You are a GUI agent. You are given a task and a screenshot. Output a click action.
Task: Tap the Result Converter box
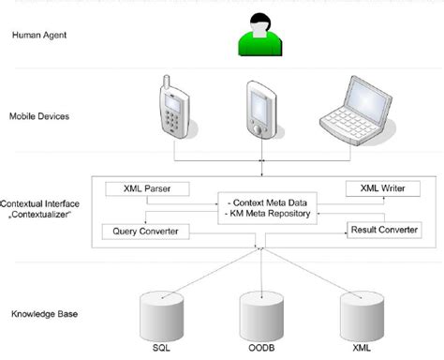tap(383, 230)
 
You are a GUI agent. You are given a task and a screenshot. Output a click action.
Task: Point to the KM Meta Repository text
tap(268, 215)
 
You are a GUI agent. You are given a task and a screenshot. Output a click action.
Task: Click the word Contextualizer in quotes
tap(43, 215)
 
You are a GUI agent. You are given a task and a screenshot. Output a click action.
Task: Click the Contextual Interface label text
tap(43, 202)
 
